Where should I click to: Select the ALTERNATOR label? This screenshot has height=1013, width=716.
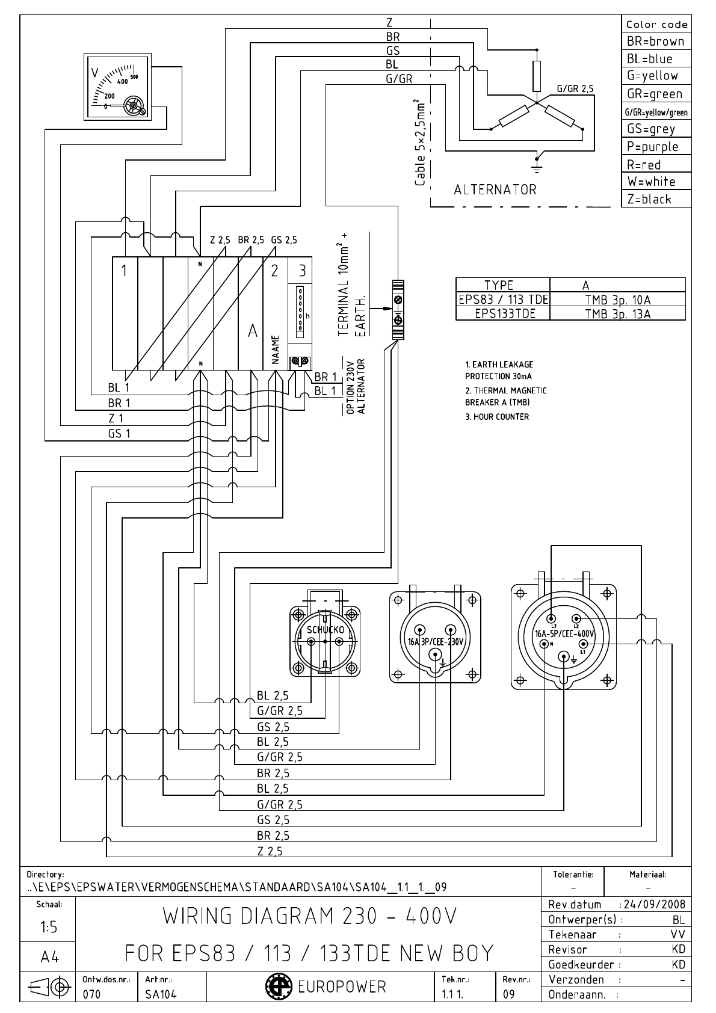click(x=495, y=190)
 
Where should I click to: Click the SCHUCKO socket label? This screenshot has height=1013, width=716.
click(x=326, y=630)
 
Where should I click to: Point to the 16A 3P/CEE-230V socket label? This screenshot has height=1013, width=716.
click(x=435, y=642)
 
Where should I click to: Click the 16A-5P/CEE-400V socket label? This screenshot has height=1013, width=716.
click(x=564, y=633)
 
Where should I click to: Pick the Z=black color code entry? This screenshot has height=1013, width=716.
click(x=649, y=200)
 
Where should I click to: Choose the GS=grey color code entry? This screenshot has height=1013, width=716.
click(x=651, y=129)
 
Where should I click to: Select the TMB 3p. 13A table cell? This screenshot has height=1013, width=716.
click(x=617, y=313)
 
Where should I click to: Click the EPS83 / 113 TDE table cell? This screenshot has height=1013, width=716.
click(x=503, y=300)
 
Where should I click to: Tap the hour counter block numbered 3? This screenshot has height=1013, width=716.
click(x=302, y=271)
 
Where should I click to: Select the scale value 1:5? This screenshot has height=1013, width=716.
click(x=49, y=928)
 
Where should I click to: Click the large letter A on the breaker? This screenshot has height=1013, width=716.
click(x=253, y=331)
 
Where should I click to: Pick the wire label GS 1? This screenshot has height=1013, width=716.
click(x=119, y=433)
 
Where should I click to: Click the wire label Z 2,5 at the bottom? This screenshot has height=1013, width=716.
click(x=270, y=851)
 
